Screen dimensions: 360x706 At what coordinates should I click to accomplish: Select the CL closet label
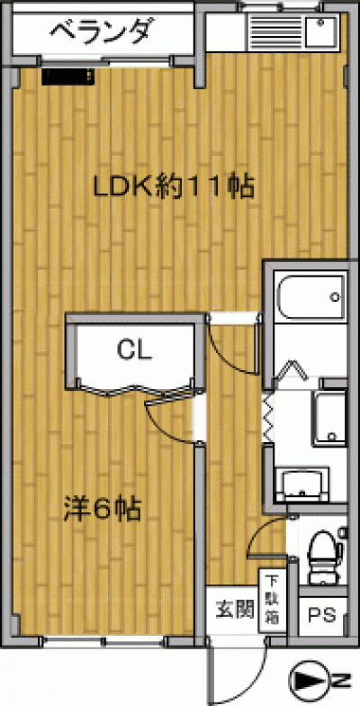point(134,349)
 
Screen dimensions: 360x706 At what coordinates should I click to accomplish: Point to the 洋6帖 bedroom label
point(102,509)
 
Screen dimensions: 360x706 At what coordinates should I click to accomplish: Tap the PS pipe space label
point(322,615)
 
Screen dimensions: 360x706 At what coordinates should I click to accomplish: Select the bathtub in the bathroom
point(311,296)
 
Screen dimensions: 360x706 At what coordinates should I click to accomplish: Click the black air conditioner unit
point(68,76)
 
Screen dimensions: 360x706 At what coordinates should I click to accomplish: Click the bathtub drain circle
point(335,297)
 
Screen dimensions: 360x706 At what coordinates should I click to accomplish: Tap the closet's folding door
point(135,388)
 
